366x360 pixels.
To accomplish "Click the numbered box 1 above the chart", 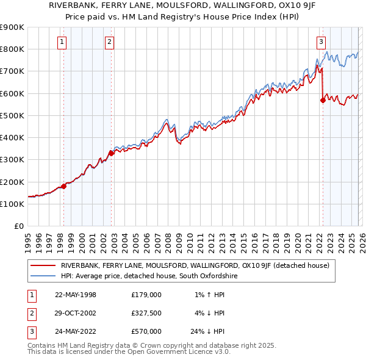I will pyautogui.click(x=63, y=42).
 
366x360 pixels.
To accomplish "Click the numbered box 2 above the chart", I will pyautogui.click(x=109, y=42).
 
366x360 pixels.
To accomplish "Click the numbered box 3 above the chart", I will pyautogui.click(x=321, y=42).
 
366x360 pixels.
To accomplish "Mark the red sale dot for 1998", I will pyautogui.click(x=63, y=186).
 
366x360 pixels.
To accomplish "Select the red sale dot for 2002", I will pyautogui.click(x=112, y=153).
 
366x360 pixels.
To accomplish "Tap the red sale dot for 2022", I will pyautogui.click(x=323, y=101).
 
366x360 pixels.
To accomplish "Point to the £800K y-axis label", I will pyautogui.click(x=12, y=49).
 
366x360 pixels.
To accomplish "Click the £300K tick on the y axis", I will pyautogui.click(x=12, y=160).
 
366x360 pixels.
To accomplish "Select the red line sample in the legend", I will pyautogui.click(x=43, y=265).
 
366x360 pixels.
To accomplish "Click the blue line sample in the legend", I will pyautogui.click(x=43, y=276).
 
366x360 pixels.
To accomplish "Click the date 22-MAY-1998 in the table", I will pyautogui.click(x=76, y=295).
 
